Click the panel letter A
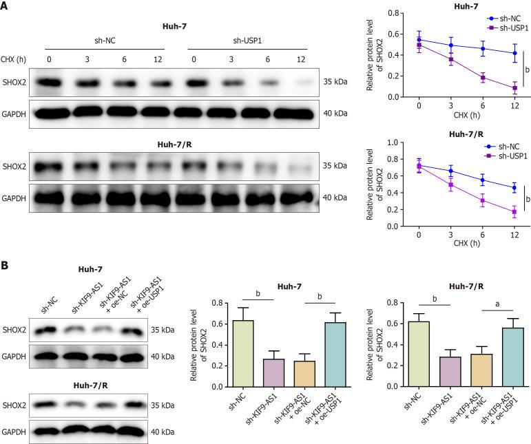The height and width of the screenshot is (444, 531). pyautogui.click(x=6, y=6)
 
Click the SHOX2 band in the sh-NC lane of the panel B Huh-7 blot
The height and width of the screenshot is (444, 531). pyautogui.click(x=48, y=330)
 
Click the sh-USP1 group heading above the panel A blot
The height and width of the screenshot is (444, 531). pyautogui.click(x=247, y=40)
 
